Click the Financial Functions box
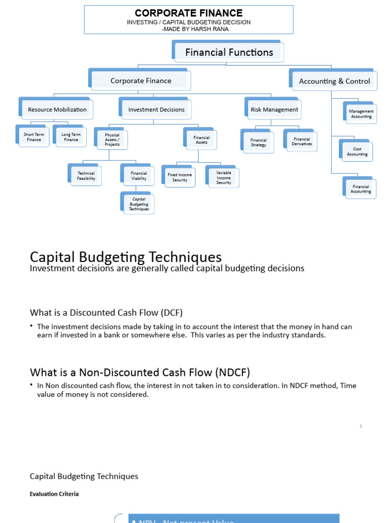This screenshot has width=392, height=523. point(229,52)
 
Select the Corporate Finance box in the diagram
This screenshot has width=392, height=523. point(141,81)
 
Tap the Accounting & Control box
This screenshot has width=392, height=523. point(334,81)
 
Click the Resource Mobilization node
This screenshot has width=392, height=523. point(57,109)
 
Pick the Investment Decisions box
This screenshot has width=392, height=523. point(156,109)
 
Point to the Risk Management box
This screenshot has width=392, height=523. point(274,109)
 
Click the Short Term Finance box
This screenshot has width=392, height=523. point(34,137)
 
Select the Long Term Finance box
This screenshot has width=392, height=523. point(71,137)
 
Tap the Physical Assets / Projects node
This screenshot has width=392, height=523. point(112,140)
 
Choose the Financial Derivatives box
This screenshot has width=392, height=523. point(302,141)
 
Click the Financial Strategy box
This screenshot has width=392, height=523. point(258,142)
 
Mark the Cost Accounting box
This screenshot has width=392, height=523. point(357,152)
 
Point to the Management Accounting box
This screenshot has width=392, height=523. point(361,114)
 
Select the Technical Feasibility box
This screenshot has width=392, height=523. point(86,176)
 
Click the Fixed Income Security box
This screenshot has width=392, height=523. point(180,177)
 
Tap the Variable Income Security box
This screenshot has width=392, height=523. point(224,178)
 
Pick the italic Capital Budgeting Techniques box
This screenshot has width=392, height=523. point(139,204)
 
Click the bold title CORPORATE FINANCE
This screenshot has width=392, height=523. point(188,13)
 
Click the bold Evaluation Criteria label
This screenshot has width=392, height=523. point(54,494)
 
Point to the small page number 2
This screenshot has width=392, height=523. point(361,426)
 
